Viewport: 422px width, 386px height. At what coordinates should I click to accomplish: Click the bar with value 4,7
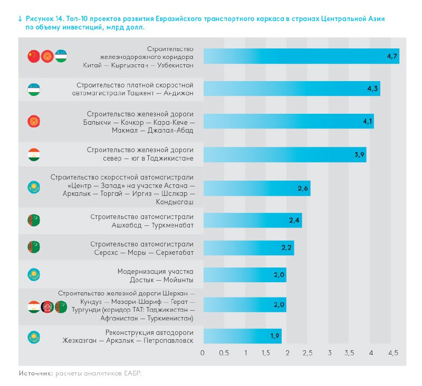301,56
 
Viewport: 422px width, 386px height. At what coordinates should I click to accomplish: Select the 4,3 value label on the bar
373,89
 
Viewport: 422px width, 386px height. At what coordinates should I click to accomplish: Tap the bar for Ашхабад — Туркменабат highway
252,221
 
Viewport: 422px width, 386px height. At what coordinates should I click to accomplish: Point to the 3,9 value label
360,155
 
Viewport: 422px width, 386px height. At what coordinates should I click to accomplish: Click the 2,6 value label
303,188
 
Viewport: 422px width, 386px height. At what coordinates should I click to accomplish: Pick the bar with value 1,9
242,336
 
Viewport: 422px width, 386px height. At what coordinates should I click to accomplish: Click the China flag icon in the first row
34,56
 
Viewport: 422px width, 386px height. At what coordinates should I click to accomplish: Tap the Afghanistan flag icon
47,306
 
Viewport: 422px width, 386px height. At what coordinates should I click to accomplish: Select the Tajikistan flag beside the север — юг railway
34,155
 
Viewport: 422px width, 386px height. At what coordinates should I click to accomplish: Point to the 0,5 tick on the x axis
224,352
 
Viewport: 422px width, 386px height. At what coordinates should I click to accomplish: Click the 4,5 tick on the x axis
392,352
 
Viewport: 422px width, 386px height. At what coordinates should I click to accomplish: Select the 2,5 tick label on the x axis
308,352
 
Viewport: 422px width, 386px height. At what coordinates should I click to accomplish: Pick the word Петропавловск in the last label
168,341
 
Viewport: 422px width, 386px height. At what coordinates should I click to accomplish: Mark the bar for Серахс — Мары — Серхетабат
248,248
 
